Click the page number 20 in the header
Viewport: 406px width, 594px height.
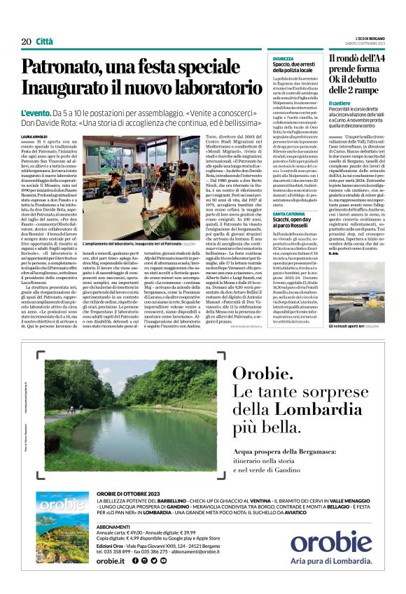click(x=26, y=41)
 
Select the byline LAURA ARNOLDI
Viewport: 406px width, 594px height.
click(x=35, y=137)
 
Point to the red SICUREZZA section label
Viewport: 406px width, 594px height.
click(x=283, y=59)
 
